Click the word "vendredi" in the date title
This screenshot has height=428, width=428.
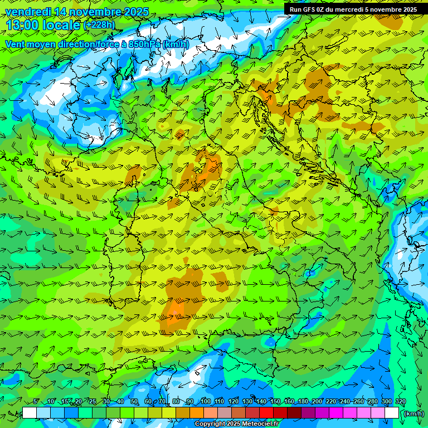coord(25,12)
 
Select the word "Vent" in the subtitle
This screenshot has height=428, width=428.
coord(15,44)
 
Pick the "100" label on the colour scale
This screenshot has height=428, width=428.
coord(206,402)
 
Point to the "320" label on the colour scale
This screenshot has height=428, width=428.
coord(401,402)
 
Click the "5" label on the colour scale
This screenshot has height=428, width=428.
coord(36,402)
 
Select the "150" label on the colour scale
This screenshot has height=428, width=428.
coord(275,402)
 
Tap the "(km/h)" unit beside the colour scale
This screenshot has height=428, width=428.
coord(413,414)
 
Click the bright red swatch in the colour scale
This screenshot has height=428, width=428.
coord(266,413)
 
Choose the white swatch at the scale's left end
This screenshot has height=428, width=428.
coord(30,413)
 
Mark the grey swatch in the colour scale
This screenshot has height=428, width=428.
coord(225,413)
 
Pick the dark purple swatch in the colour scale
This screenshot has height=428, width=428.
coord(308,413)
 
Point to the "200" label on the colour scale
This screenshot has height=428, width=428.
coord(317,402)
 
